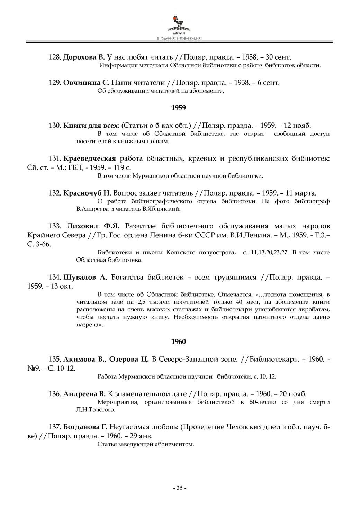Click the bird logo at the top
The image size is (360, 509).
pyautogui.click(x=179, y=22)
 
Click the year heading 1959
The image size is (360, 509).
pyautogui.click(x=179, y=108)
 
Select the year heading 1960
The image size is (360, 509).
pyautogui.click(x=179, y=342)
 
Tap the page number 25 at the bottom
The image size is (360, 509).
pyautogui.click(x=180, y=488)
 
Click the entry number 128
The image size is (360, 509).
pyautogui.click(x=55, y=57)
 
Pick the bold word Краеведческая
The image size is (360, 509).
pyautogui.click(x=90, y=158)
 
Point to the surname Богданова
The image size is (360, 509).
pyautogui.click(x=82, y=427)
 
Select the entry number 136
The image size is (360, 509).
pyautogui.click(x=55, y=393)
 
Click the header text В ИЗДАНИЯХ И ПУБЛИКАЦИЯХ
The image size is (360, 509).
pyautogui.click(x=179, y=39)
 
